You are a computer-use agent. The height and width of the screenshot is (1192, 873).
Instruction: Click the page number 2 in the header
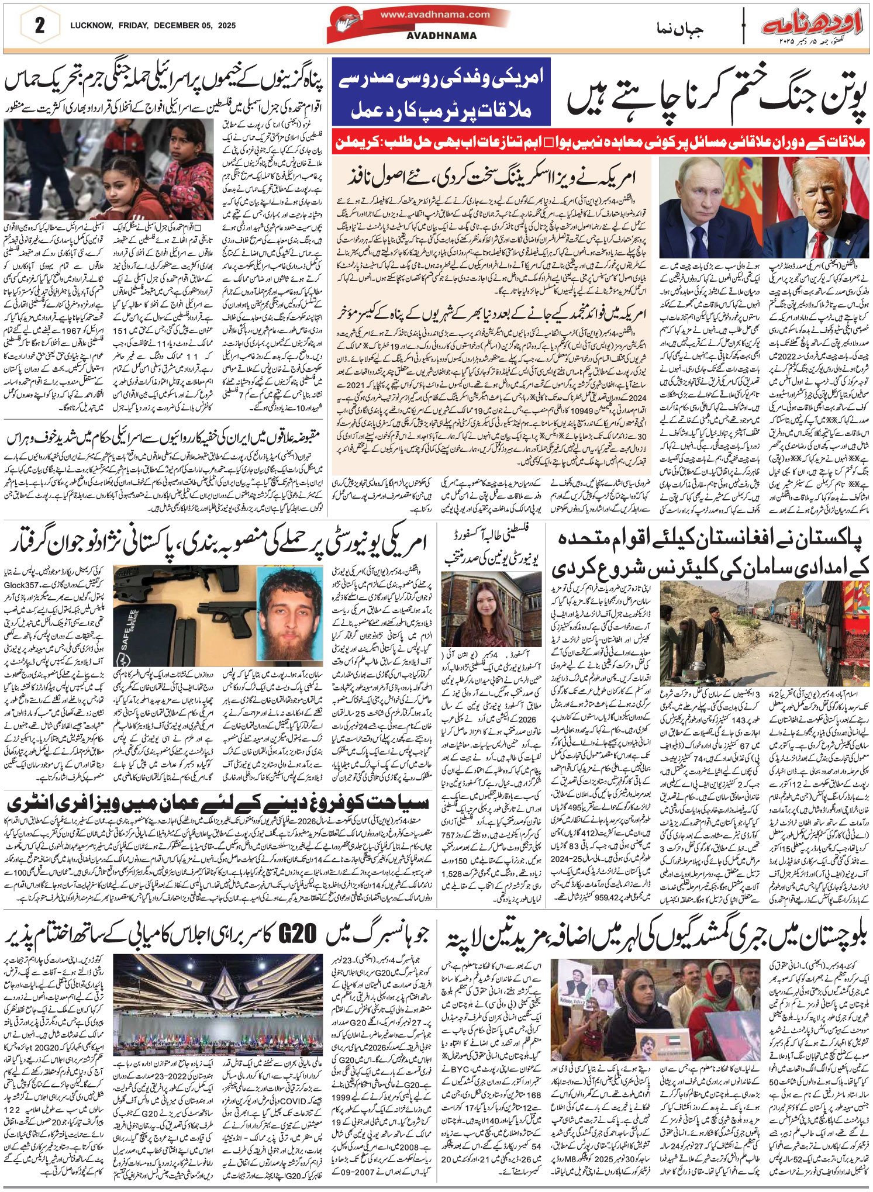(40, 26)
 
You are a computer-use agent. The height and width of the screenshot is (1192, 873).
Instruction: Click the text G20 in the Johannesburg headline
(302, 937)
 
